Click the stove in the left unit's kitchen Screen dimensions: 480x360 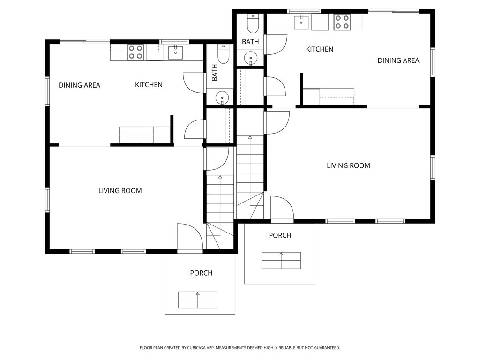point(135,52)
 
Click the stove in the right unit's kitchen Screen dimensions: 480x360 point(342,22)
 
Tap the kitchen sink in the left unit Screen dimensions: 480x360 point(175,52)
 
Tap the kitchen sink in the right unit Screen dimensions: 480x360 point(301,22)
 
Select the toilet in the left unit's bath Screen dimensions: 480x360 point(223,54)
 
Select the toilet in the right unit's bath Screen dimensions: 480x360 point(253,23)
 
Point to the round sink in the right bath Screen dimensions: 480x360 point(251,58)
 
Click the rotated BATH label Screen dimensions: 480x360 point(214,73)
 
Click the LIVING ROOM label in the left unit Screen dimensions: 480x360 point(120,191)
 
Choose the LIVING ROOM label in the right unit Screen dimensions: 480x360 point(348,165)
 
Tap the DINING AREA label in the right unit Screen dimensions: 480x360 point(398,60)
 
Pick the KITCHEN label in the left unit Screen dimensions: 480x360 point(149,85)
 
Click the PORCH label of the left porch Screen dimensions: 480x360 point(201,273)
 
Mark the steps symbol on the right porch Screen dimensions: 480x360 point(281,261)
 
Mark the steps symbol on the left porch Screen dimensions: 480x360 point(198,300)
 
